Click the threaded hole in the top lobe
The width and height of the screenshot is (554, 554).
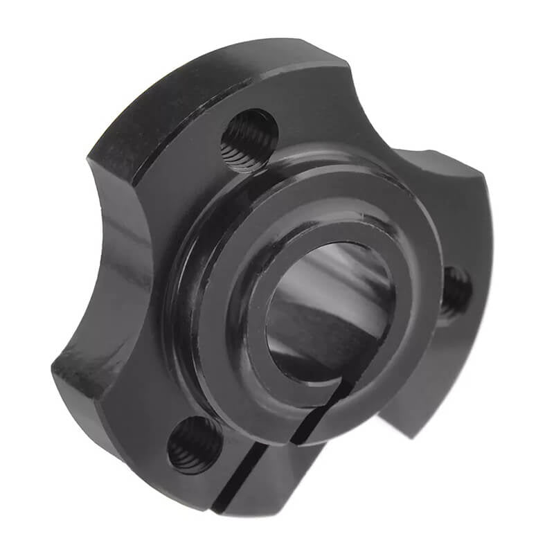[x=249, y=139]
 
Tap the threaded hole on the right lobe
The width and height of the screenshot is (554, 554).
[x=456, y=291]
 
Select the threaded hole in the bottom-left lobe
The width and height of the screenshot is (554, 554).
[x=195, y=444]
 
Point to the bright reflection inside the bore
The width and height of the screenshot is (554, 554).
[x=305, y=277]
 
